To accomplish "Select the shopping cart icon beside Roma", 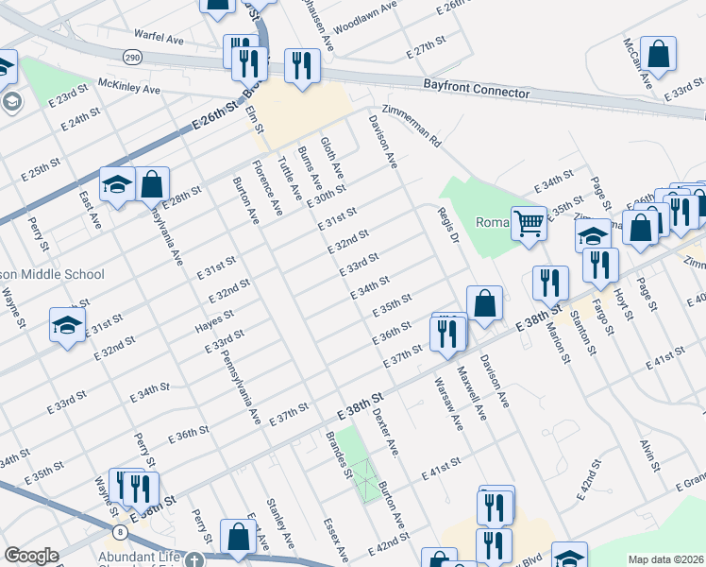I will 529,223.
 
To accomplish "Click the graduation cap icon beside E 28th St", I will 117,183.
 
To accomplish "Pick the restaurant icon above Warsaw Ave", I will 445,331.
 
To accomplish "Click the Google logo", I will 31,556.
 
